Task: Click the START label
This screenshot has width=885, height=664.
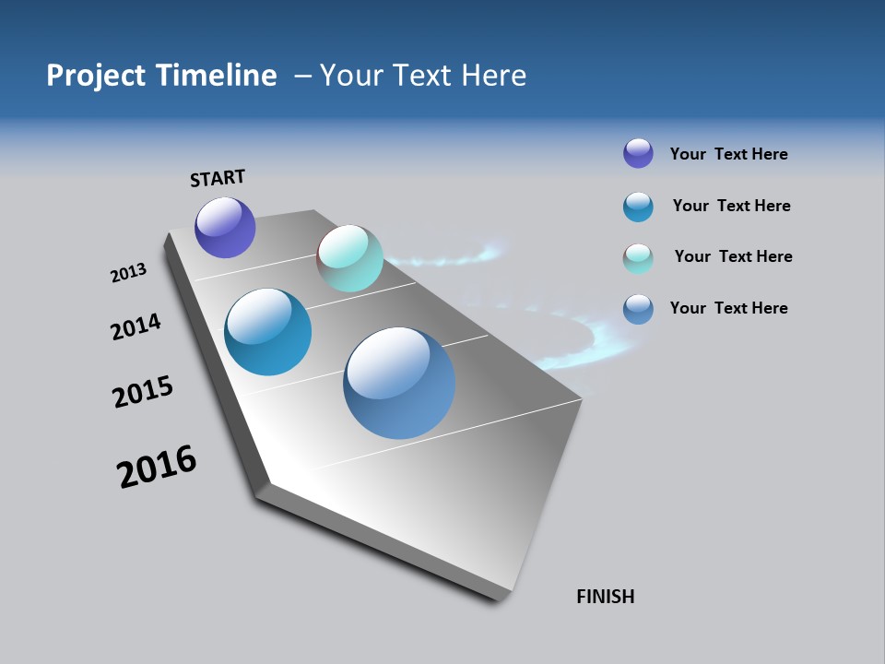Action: click(x=218, y=178)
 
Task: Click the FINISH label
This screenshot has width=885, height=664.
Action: click(x=605, y=597)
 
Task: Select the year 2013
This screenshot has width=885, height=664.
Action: click(x=128, y=273)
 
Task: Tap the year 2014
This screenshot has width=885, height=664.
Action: click(x=136, y=326)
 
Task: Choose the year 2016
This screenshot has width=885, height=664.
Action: click(x=157, y=467)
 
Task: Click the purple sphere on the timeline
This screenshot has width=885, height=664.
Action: click(x=225, y=228)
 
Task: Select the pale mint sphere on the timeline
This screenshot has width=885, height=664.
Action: click(x=349, y=258)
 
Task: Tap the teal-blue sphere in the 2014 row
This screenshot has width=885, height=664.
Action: click(x=267, y=332)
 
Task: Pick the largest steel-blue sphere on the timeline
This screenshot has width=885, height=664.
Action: click(x=399, y=383)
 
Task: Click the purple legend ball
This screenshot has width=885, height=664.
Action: click(x=638, y=153)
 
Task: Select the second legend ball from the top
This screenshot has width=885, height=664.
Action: click(x=638, y=207)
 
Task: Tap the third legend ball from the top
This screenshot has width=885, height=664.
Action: click(x=638, y=258)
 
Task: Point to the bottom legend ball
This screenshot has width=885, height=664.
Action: click(x=638, y=309)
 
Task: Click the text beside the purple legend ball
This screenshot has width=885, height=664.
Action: click(x=728, y=154)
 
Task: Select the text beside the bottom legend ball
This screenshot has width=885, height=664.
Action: click(x=728, y=308)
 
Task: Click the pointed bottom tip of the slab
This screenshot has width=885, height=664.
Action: click(x=502, y=598)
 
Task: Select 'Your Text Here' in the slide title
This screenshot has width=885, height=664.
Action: click(x=423, y=76)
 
